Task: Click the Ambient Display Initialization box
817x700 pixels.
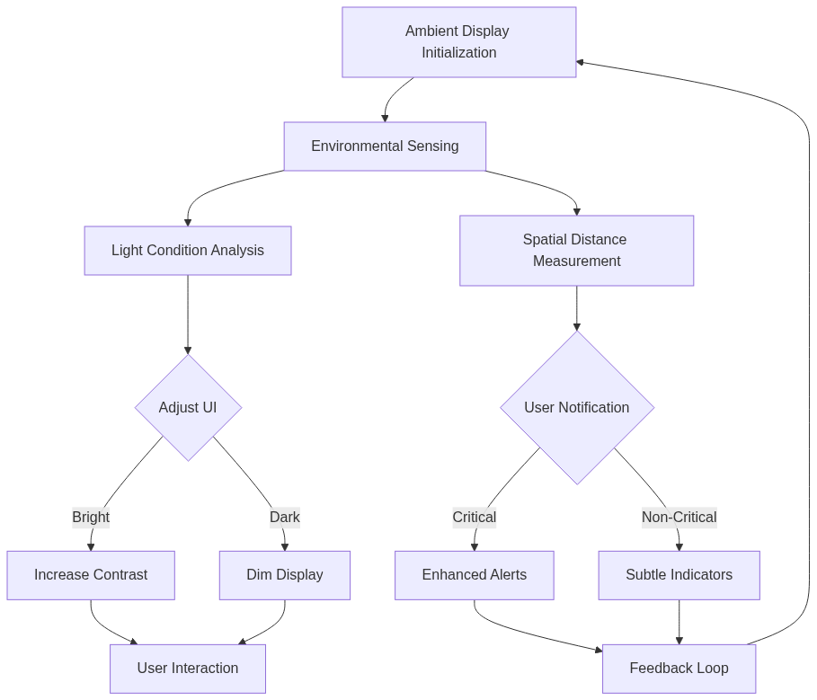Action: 458,42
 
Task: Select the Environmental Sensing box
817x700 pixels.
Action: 385,146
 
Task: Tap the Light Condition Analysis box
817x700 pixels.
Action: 188,251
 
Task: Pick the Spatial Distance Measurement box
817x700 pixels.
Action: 576,251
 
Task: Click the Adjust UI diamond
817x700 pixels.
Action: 188,408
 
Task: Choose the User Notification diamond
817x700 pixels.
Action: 577,408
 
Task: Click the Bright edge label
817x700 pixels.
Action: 91,518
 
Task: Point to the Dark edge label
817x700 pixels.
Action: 285,518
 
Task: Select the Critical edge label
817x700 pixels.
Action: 474,518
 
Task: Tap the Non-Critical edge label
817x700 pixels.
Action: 679,518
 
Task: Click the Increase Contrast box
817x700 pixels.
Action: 91,575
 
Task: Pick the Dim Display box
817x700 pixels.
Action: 285,575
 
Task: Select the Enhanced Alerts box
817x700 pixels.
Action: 475,575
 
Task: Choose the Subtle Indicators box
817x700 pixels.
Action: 679,575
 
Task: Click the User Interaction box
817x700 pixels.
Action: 188,669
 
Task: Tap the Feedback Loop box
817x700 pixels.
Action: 679,669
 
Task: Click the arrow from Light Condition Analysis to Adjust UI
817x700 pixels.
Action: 188,315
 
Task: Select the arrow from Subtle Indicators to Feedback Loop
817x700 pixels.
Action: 679,622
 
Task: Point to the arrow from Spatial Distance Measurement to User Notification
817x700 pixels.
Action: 577,308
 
